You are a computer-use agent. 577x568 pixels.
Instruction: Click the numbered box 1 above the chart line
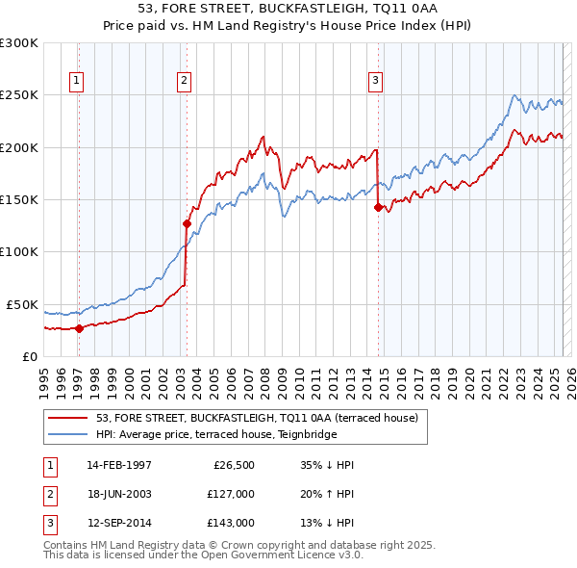pos(76,81)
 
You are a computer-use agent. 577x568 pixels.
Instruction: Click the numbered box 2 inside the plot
pos(183,81)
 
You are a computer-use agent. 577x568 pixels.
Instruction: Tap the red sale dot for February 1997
pos(79,328)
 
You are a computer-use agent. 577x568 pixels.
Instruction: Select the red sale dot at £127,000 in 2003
pos(187,223)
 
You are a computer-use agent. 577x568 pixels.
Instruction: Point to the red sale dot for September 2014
pos(378,206)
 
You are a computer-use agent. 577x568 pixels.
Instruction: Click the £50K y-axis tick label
pos(22,304)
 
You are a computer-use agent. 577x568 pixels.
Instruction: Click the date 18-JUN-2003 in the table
pos(119,494)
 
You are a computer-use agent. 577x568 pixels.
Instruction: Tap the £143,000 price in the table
pos(231,523)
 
